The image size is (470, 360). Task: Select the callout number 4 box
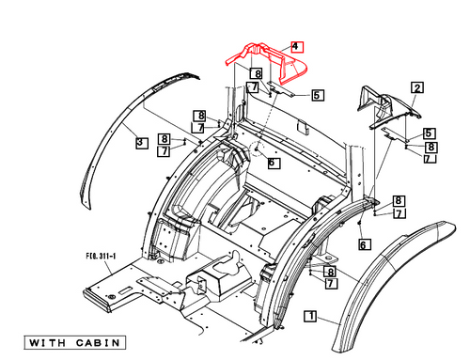(x=295, y=46)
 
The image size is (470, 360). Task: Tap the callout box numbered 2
(x=415, y=87)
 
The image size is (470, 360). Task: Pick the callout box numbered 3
(x=139, y=143)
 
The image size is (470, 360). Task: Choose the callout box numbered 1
(x=309, y=319)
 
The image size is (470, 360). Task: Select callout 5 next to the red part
(x=318, y=95)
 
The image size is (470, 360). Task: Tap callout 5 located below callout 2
(x=428, y=133)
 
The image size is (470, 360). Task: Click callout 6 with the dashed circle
(x=273, y=162)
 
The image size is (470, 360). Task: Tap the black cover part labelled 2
(x=385, y=108)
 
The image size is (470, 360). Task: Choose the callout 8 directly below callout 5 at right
(x=431, y=147)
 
